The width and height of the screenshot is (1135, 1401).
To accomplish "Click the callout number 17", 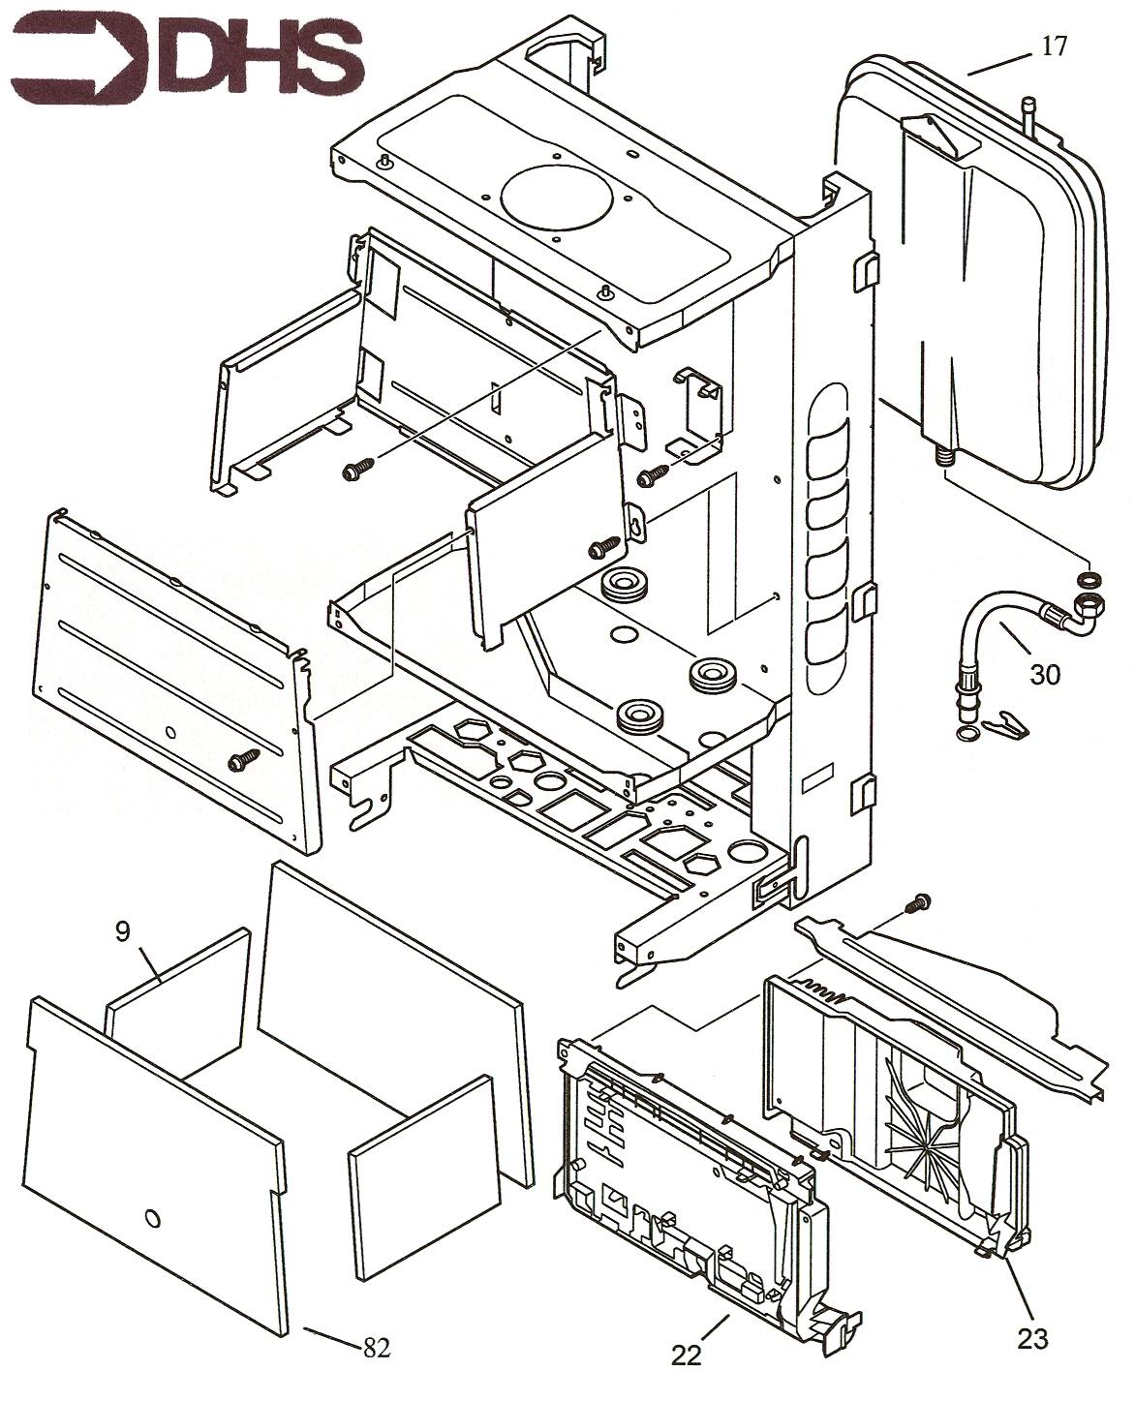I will tap(1054, 46).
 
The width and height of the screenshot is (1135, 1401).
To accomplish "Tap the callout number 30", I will tap(1044, 674).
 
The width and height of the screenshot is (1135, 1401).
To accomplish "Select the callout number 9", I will tap(122, 931).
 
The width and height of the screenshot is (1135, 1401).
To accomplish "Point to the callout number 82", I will tap(376, 1347).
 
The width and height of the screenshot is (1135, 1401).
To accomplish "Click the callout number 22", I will tap(686, 1356).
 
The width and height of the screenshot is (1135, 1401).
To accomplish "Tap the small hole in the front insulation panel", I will tap(151, 1218).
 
